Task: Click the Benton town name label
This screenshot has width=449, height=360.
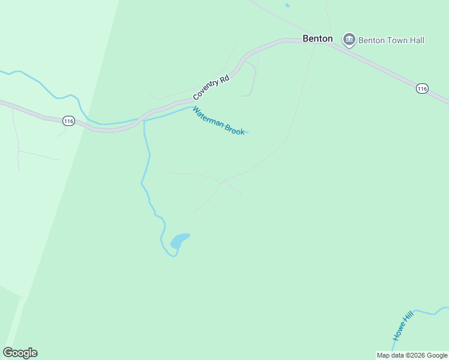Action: [x=318, y=38]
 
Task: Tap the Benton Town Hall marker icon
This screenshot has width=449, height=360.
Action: [x=349, y=40]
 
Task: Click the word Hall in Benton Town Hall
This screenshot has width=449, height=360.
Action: [x=415, y=40]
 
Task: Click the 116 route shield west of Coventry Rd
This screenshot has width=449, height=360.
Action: [x=68, y=121]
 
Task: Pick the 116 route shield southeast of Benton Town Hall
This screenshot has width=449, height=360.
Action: [x=422, y=88]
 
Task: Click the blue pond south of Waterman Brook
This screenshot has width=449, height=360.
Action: [x=179, y=241]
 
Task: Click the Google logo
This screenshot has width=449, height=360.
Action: [x=20, y=353]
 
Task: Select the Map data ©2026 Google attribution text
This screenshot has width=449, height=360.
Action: [x=412, y=355]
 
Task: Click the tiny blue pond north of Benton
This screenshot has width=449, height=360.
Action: [x=288, y=5]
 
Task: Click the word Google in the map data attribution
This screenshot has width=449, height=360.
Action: [x=437, y=355]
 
